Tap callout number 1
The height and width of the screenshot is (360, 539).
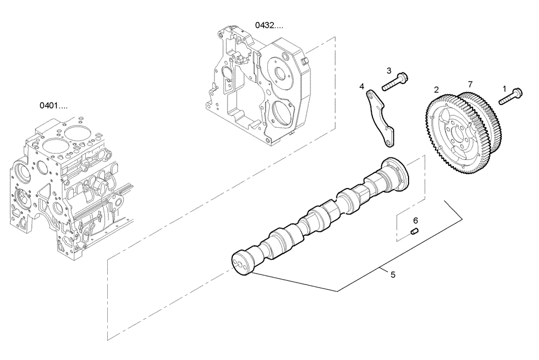[505, 88]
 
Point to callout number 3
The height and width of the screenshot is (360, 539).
[388, 71]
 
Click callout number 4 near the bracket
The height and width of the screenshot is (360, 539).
[362, 86]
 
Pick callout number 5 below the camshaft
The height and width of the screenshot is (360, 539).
[393, 274]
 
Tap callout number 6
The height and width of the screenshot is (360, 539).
[415, 220]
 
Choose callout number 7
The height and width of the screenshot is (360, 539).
[470, 85]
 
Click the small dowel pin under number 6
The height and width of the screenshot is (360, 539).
[415, 232]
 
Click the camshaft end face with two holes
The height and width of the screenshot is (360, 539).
[240, 264]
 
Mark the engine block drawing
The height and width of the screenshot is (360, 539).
[70, 183]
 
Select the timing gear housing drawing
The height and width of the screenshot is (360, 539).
[259, 86]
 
